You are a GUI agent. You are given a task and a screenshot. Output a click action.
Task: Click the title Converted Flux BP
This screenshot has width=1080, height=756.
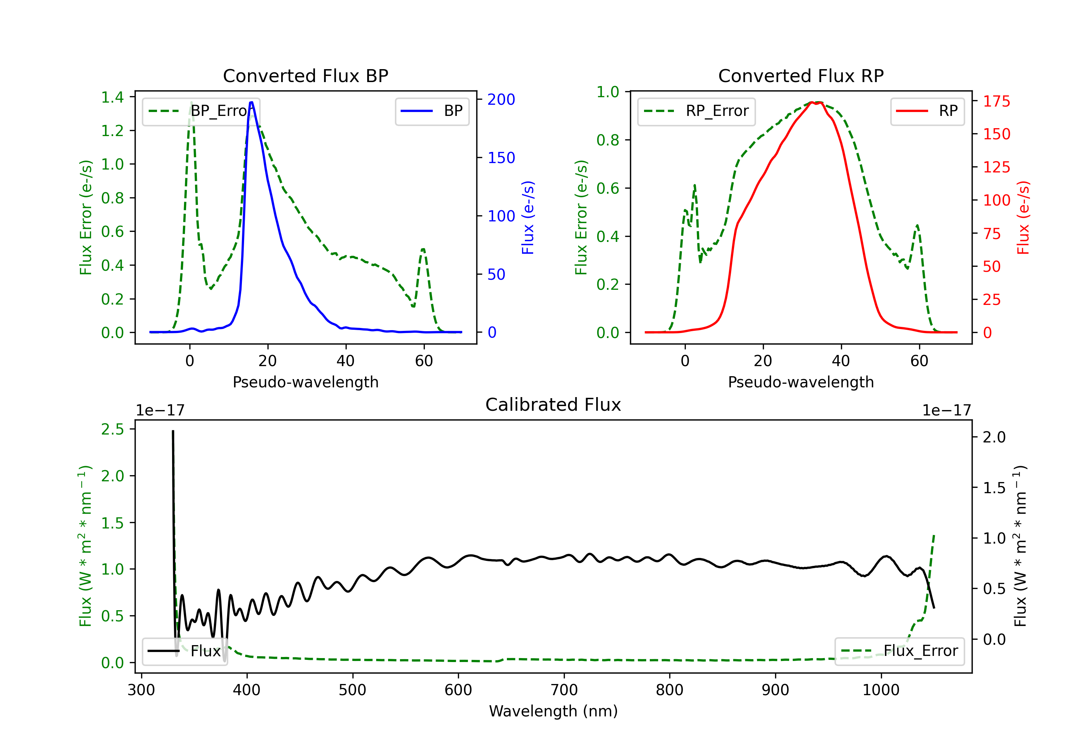tap(305, 76)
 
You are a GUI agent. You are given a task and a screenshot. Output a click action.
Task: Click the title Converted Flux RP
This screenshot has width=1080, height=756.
tap(801, 76)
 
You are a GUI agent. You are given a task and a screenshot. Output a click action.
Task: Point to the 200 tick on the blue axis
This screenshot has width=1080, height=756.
tap(501, 99)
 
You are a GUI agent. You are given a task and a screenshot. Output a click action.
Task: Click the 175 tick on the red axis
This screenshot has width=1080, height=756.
tap(996, 101)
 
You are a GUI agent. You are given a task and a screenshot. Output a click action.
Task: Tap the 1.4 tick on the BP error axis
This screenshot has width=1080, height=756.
tap(112, 98)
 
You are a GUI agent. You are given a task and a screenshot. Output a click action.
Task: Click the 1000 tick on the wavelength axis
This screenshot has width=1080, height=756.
tap(881, 690)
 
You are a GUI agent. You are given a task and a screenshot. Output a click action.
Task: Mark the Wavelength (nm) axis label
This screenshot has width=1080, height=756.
tap(553, 711)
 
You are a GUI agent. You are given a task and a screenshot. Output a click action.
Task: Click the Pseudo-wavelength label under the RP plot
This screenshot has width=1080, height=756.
tap(801, 382)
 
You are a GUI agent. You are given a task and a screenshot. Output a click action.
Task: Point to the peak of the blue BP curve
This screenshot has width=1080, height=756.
tap(252, 102)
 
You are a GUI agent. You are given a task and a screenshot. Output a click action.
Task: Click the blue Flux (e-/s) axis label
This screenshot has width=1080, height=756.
tap(528, 217)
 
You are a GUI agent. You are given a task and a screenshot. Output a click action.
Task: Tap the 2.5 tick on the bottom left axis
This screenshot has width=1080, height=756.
tap(112, 429)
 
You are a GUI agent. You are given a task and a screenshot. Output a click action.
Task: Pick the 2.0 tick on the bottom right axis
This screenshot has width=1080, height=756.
tap(994, 437)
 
